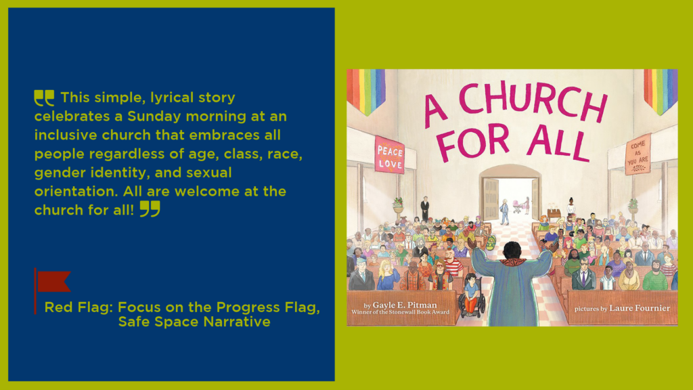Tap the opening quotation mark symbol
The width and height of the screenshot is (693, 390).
coord(44,97)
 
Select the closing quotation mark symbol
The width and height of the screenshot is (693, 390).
coord(150,209)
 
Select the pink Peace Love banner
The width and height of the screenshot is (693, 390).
coord(389,155)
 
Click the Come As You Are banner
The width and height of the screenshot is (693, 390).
coord(638,154)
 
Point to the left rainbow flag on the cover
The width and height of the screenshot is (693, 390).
coord(366,91)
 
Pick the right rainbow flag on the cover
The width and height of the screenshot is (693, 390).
coord(661,91)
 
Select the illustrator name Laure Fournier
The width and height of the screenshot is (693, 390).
coord(640,308)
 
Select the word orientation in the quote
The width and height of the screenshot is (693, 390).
coord(76,192)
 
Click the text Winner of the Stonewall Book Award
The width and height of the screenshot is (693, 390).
coord(401,312)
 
